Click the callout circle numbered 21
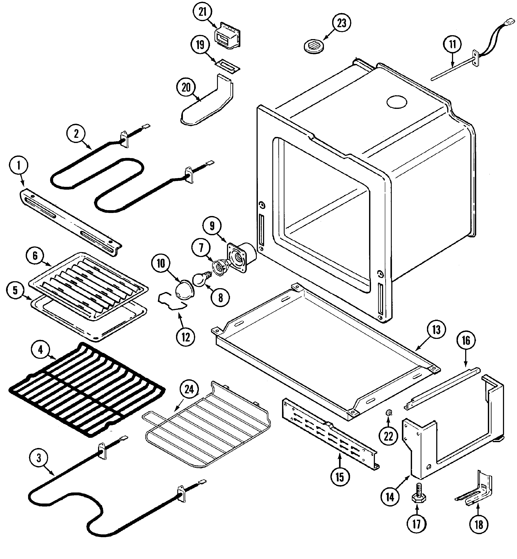pos(202,12)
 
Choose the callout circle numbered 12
pos(186,337)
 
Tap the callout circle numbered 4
pos(41,350)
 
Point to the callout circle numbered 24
pos(189,389)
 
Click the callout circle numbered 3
pos(39,458)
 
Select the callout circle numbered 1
pos(19,166)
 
